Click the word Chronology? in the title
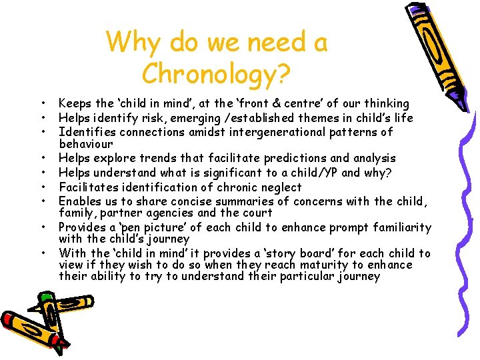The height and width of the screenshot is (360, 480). click(216, 73)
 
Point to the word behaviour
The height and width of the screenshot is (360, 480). click(86, 144)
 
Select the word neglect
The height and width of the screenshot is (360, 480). click(278, 187)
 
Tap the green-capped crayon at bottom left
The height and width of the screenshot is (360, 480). click(40, 320)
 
